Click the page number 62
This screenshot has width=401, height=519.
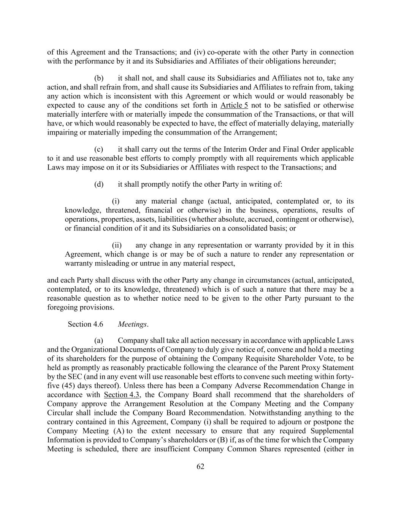[x=200, y=467]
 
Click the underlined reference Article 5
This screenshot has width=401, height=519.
[x=234, y=105]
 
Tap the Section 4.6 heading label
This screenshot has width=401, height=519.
[x=85, y=324]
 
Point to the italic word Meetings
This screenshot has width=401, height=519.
[x=132, y=324]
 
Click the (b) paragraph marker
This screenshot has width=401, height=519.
[x=99, y=78]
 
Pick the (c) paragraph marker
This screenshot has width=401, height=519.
[x=99, y=149]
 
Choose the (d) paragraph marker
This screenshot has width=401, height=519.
[x=99, y=184]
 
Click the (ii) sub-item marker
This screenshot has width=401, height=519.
[x=117, y=245]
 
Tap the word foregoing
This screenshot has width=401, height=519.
[x=62, y=307]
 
